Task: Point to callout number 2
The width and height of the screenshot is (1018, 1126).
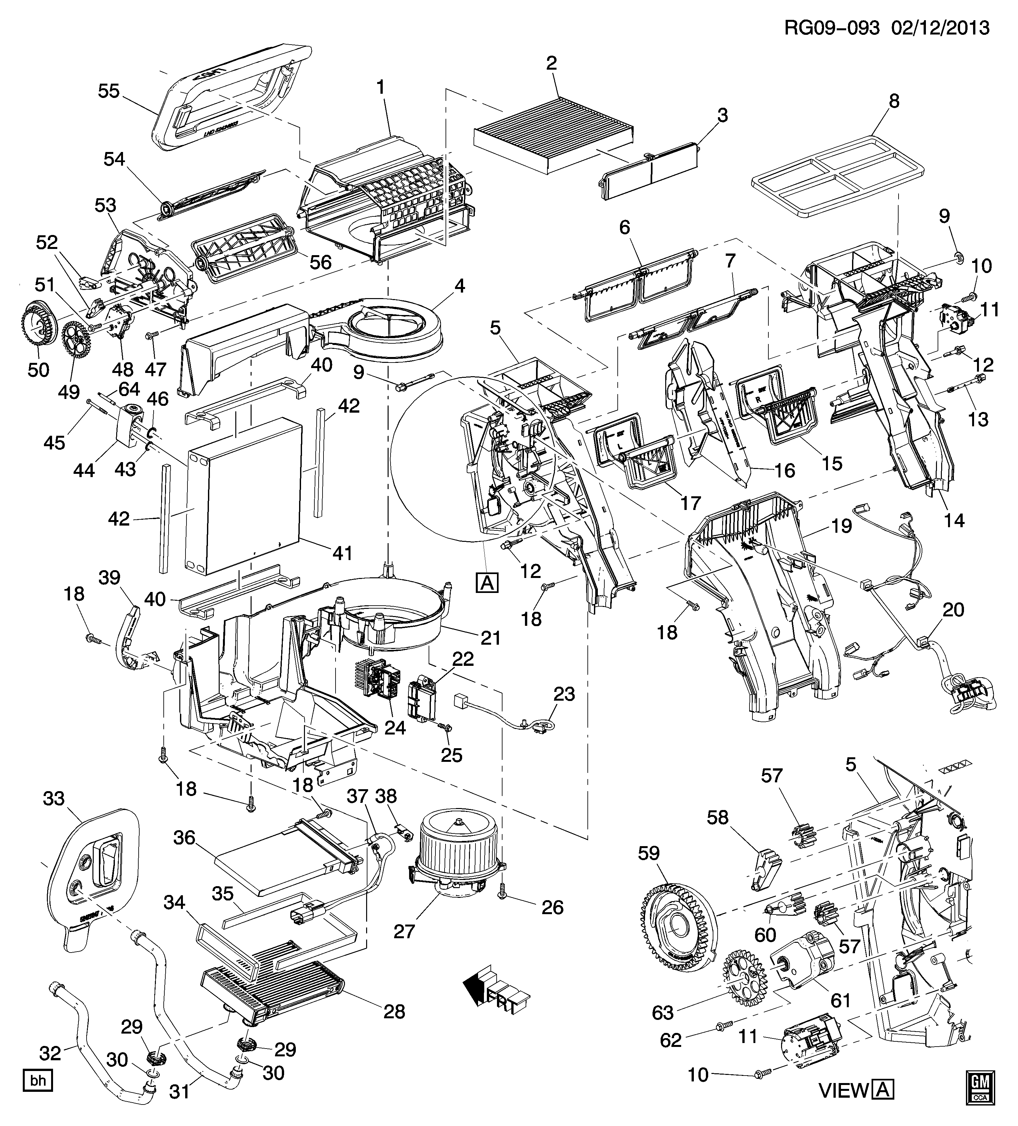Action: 551,63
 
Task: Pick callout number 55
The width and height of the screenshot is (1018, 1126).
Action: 109,91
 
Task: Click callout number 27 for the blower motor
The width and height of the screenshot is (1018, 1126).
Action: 405,931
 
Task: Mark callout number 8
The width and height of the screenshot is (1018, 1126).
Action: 894,101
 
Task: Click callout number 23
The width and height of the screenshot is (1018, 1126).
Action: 564,694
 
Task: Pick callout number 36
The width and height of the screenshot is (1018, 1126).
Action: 184,838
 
